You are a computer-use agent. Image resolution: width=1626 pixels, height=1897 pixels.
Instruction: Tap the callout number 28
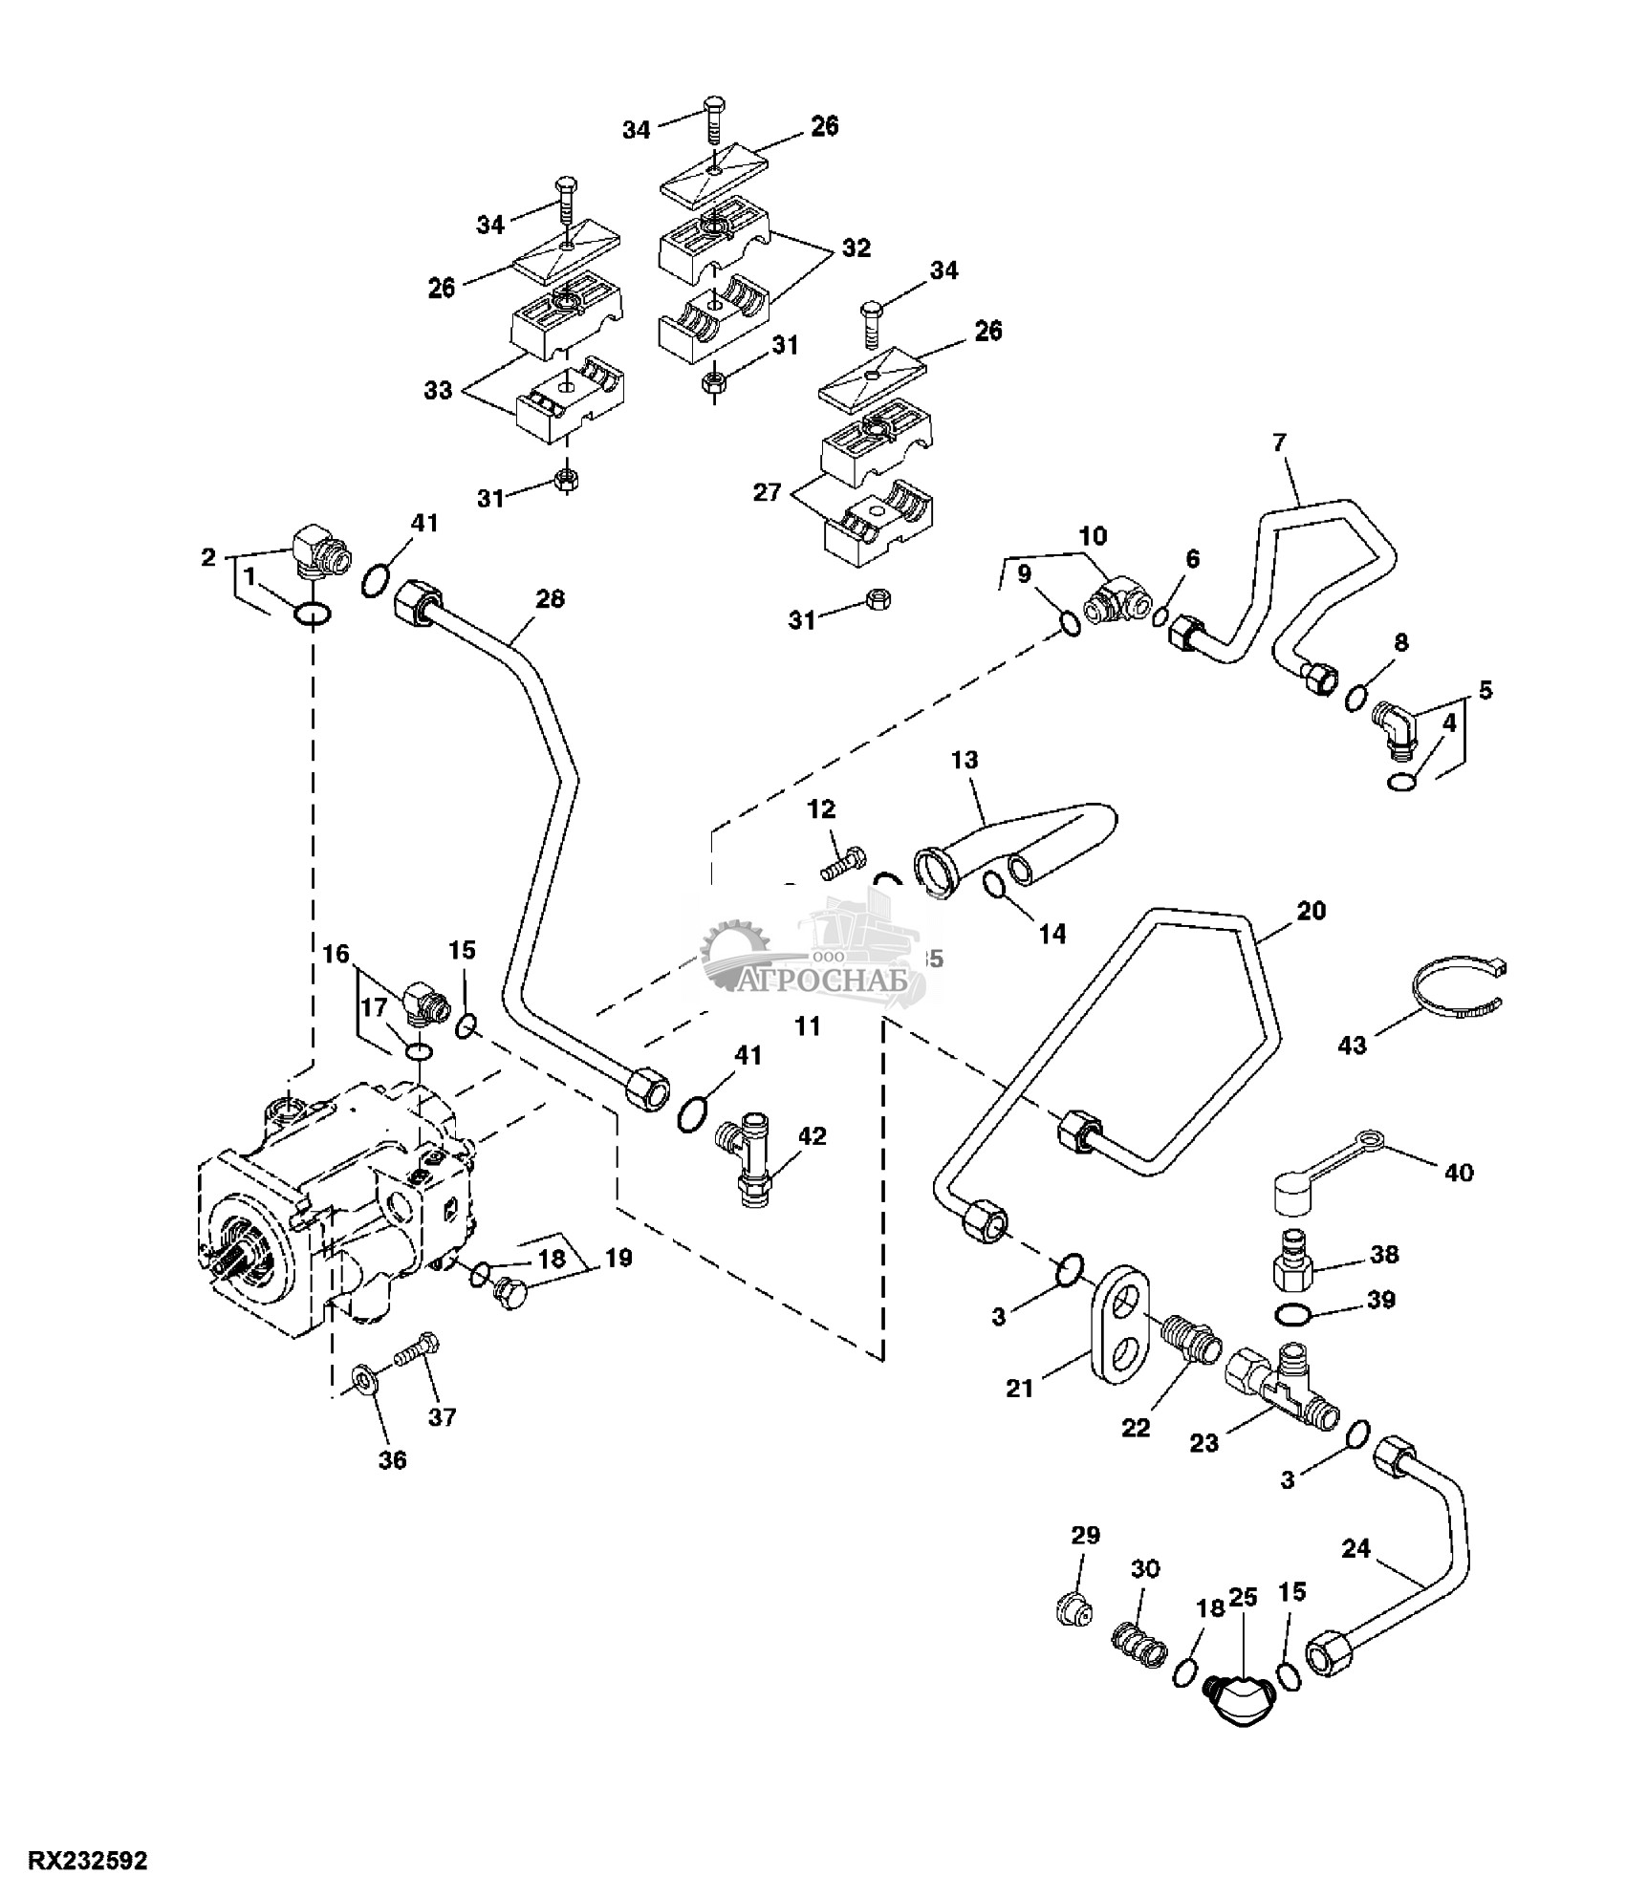(550, 599)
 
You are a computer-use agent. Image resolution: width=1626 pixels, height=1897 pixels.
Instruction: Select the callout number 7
(1280, 442)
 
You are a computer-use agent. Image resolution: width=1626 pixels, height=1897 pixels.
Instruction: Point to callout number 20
(1312, 912)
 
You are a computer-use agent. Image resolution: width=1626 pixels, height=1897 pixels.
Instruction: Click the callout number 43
(1352, 1045)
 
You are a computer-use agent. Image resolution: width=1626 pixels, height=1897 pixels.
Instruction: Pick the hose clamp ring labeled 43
(1458, 989)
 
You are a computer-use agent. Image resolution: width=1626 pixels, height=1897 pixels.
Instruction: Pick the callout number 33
(439, 391)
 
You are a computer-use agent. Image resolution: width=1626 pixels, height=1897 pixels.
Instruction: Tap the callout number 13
(965, 760)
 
